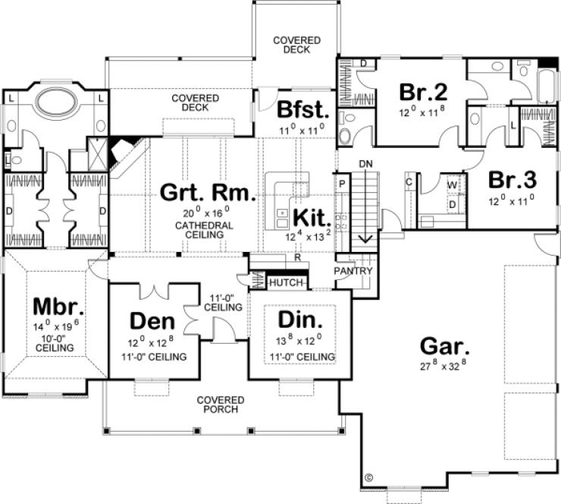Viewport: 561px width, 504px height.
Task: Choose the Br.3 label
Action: pos(512,181)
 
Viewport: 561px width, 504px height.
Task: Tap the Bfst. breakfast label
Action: pos(301,111)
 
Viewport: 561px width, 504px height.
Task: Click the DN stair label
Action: pos(365,163)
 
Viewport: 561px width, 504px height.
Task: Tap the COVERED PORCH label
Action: pos(221,405)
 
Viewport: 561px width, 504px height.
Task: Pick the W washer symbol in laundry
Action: pos(452,184)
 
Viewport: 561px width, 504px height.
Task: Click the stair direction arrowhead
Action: pos(365,240)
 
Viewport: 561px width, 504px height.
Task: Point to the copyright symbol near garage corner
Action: pos(369,478)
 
